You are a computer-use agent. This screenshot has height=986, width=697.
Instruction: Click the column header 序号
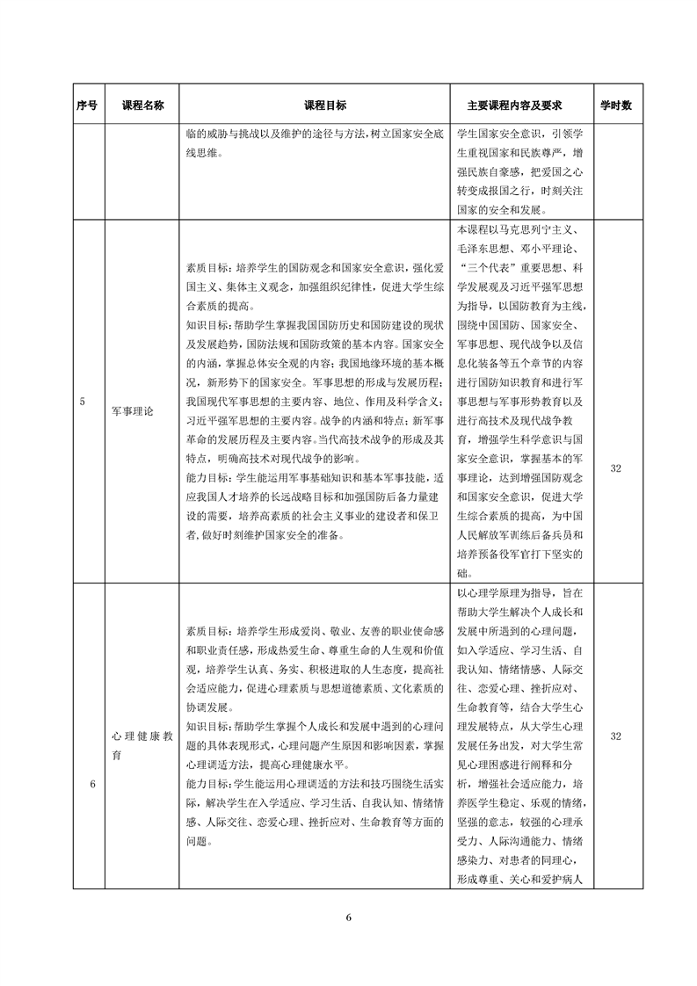pyautogui.click(x=87, y=105)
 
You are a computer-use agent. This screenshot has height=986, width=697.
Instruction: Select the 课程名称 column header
pyautogui.click(x=142, y=105)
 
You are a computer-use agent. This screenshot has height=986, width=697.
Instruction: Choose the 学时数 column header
pyautogui.click(x=615, y=105)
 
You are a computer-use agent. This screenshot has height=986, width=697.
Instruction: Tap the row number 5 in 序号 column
pyautogui.click(x=82, y=401)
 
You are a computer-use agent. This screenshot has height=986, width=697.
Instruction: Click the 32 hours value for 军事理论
pyautogui.click(x=615, y=468)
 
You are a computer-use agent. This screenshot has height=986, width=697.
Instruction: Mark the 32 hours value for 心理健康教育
pyautogui.click(x=615, y=736)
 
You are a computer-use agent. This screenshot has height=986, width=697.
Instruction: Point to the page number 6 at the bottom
pyautogui.click(x=349, y=917)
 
